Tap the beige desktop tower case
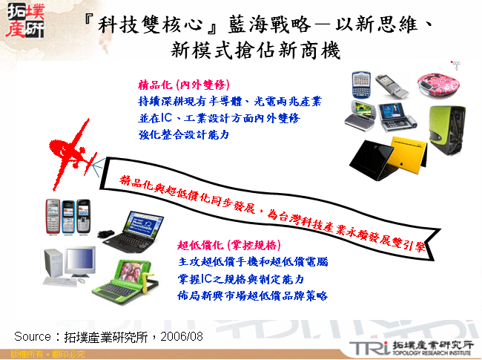point(53,263)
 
